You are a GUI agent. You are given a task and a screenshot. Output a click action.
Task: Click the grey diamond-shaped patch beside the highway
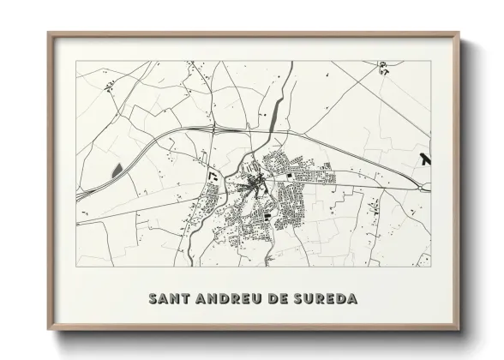click(x=116, y=168)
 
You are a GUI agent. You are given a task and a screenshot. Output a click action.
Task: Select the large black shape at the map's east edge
click(x=426, y=159)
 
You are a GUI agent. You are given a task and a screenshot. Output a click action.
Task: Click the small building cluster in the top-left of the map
click(x=109, y=84)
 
